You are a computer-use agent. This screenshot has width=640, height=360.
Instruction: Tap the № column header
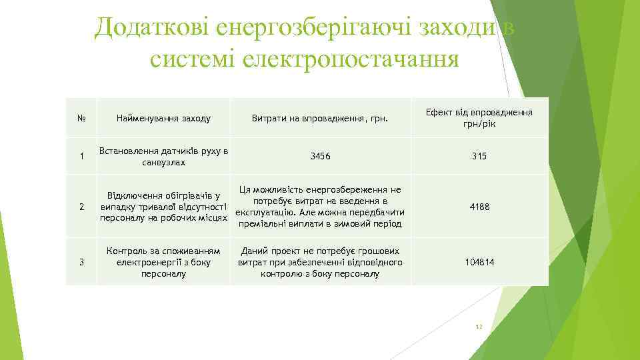coord(81,119)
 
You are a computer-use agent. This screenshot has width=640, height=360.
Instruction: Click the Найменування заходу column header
coord(163,119)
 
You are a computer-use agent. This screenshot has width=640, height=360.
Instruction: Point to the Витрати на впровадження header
coord(319,119)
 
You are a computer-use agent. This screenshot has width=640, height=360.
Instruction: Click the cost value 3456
coord(320,157)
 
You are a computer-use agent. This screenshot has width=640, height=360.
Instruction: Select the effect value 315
coord(479,157)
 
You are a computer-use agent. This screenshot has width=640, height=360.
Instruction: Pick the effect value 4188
coord(479,207)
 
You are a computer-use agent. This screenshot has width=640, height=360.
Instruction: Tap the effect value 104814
coord(479,263)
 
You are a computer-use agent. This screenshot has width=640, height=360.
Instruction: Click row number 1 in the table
coord(81,157)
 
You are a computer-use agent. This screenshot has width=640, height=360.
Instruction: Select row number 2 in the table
coord(81,207)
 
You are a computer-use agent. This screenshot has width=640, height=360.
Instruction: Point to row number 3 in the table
coord(81,263)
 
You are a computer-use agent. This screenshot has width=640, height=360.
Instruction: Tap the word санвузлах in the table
coord(163,163)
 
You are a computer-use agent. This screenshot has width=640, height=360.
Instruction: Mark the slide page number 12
coord(478,327)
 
